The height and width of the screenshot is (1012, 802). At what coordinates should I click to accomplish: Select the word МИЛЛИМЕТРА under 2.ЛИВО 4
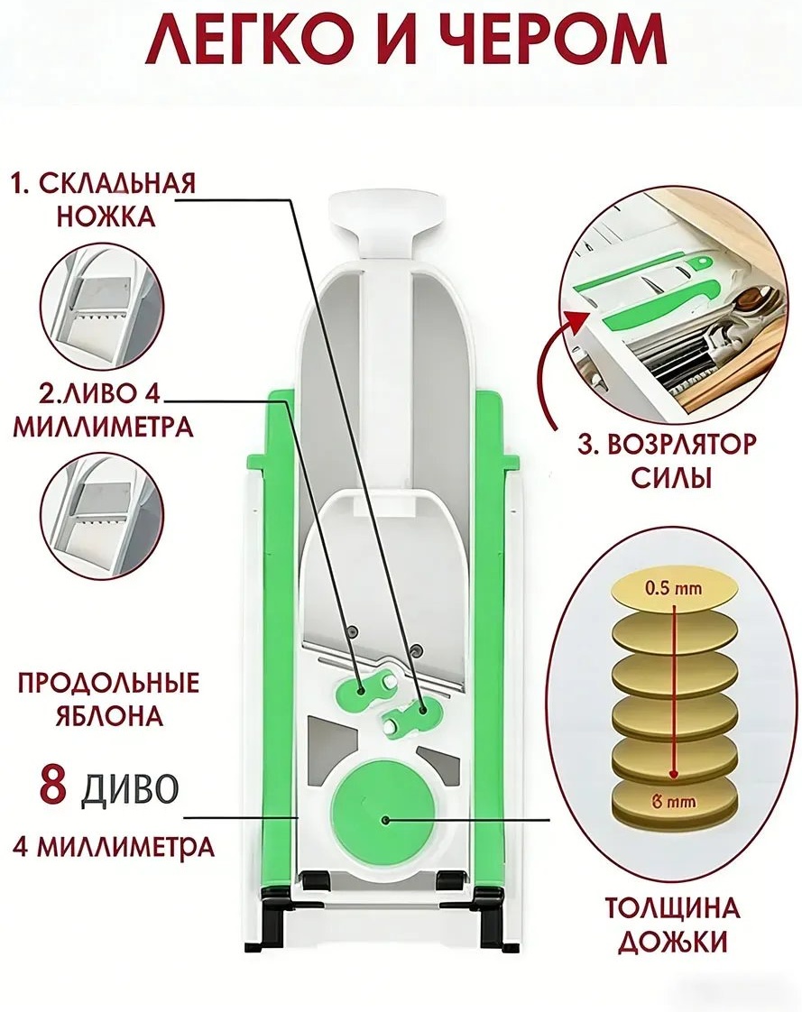pos(104,428)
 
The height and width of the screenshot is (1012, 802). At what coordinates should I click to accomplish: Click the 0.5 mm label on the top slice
pos(674,588)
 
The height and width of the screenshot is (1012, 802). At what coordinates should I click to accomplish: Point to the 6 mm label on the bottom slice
pos(674,802)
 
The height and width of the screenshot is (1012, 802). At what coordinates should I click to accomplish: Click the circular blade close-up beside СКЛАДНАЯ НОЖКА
pos(104,305)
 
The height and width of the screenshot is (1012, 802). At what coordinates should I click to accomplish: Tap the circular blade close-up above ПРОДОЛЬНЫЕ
pos(104,514)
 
